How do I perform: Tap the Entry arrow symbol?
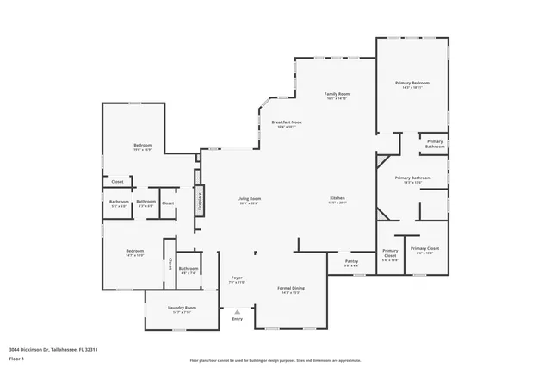(238, 312)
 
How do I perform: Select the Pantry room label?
(351, 262)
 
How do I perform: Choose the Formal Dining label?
(291, 290)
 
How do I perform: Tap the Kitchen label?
(337, 200)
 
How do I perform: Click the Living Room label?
(250, 200)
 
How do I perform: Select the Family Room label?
(336, 95)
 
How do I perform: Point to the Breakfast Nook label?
(287, 123)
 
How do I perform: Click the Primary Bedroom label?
(412, 84)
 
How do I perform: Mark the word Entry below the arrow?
(238, 320)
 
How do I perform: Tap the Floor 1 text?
(17, 359)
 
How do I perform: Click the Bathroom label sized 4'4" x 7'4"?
(189, 270)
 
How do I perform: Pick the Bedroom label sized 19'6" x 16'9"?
(142, 147)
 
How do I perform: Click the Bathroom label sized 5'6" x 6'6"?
(119, 203)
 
